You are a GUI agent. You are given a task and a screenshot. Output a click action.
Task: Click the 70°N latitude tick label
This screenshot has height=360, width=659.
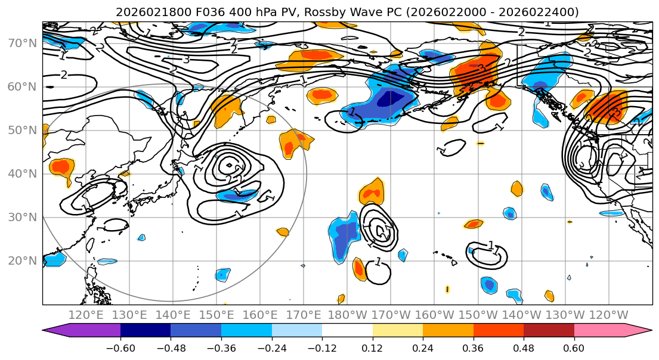click(23, 44)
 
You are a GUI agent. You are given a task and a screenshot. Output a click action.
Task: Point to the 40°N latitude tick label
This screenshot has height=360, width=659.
click(23, 174)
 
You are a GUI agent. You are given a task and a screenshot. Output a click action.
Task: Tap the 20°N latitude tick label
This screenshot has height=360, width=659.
click(23, 261)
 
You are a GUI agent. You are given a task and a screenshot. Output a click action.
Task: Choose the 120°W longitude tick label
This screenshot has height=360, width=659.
click(608, 315)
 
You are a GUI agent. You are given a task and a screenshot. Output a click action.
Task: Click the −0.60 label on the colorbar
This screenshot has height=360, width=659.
click(120, 348)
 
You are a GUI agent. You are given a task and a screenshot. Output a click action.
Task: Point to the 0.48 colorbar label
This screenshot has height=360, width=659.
click(523, 348)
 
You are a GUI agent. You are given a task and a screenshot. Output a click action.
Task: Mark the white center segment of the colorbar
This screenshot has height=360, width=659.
click(347, 331)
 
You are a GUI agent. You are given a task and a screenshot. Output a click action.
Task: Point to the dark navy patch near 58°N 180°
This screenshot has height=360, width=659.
click(393, 97)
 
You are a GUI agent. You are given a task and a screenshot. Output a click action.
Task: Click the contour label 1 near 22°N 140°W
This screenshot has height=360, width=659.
click(491, 246)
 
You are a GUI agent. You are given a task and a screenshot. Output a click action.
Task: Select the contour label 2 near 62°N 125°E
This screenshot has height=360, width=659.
click(64, 75)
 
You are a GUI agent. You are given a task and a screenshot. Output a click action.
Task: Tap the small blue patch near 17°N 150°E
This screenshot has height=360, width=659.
click(222, 275)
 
